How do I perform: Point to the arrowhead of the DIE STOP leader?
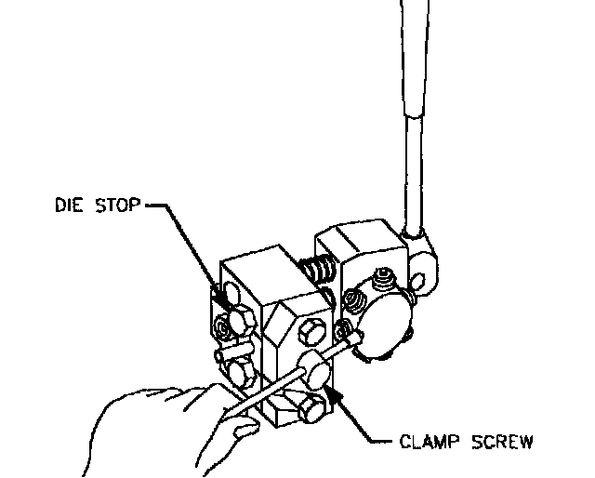click(221, 298)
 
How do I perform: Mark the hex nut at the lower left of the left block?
click(240, 374)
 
